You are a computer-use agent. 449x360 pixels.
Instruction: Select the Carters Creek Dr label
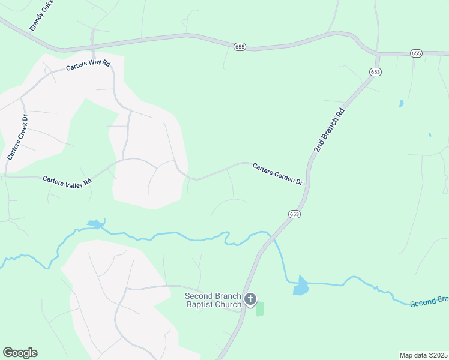[x=17, y=136]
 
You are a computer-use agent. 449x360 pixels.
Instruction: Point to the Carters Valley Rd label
[x=67, y=180]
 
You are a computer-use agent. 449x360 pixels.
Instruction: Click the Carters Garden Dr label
[x=277, y=173]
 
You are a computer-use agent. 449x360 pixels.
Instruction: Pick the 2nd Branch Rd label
[x=330, y=130]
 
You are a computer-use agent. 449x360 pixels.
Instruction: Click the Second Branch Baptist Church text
[x=212, y=300]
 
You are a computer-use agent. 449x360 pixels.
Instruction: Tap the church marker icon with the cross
[x=250, y=298]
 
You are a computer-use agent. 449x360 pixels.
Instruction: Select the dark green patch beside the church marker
[x=260, y=309]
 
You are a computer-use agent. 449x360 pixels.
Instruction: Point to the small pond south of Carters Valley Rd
[x=95, y=224]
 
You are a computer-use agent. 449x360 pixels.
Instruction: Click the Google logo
[x=20, y=353]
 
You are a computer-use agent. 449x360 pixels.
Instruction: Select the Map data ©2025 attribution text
[x=423, y=355]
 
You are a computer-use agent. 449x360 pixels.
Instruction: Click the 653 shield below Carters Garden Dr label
[x=294, y=214]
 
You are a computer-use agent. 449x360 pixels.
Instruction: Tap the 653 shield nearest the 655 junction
[x=376, y=72]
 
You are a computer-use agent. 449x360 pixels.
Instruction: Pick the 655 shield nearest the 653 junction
[x=417, y=53]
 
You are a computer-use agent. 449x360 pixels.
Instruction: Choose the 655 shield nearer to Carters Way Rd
[x=240, y=46]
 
